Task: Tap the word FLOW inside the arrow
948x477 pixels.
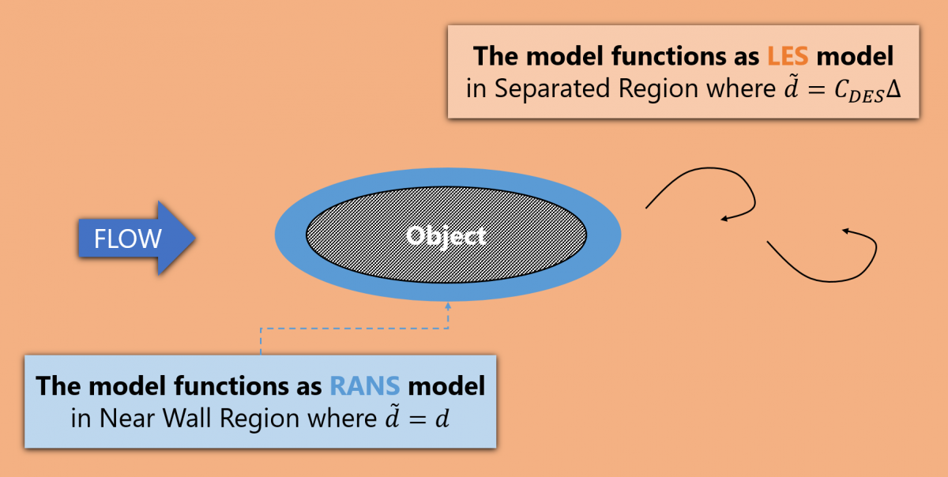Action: click(128, 238)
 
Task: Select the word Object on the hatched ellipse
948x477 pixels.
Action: click(446, 235)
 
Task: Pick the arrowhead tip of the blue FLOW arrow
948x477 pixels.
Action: click(194, 238)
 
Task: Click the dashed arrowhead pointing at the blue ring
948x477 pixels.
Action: click(448, 303)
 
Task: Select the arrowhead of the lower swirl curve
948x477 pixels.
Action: click(845, 231)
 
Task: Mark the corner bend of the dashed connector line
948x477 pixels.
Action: click(261, 328)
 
